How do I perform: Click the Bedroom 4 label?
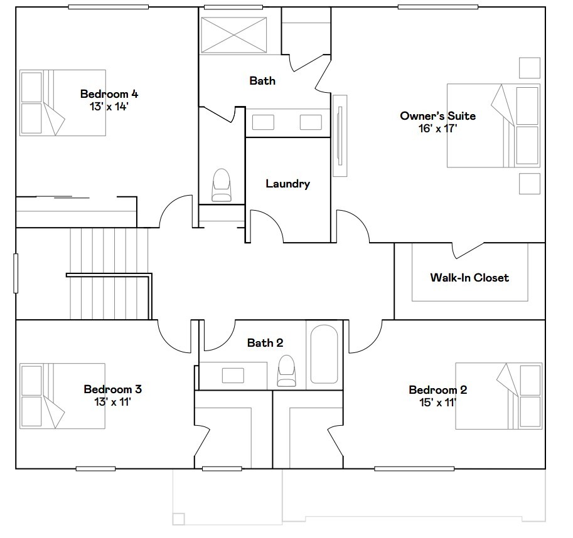(109, 94)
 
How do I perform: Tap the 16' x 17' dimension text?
(437, 129)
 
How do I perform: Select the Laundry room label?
(287, 184)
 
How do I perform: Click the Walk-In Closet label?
(469, 277)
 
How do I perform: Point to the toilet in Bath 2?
(286, 371)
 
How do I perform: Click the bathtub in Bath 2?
(324, 354)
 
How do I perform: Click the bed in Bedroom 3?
(62, 395)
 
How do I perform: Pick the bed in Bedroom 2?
(498, 395)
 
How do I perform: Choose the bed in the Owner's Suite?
(493, 125)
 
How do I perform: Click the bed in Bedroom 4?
(62, 102)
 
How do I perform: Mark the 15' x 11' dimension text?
(437, 402)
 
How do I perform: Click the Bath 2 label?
(265, 342)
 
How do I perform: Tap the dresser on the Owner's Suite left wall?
(340, 135)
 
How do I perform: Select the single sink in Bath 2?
(233, 375)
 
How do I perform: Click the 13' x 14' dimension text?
(109, 107)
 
